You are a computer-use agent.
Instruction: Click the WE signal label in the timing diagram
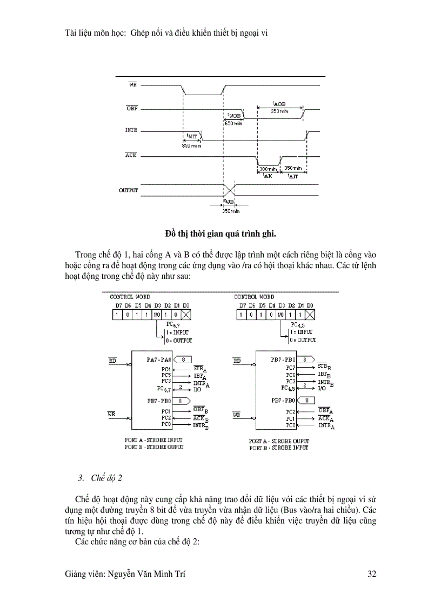pos(132,84)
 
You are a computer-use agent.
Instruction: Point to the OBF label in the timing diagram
pos(131,108)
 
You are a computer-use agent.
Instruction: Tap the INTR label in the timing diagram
pos(131,130)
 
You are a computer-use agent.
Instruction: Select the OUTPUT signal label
pos(129,190)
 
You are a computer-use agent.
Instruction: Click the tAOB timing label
pos(279,103)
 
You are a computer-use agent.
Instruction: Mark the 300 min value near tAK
pos(268,169)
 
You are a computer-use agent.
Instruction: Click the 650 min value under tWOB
pos(233,123)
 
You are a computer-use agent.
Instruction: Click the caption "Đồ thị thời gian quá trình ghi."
pos(220,234)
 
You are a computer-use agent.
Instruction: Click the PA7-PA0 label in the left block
pos(158,359)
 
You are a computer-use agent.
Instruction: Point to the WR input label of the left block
pos(112,414)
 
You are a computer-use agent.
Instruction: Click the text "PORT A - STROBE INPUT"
pos(154,441)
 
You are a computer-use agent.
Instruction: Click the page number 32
pos(371,574)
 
